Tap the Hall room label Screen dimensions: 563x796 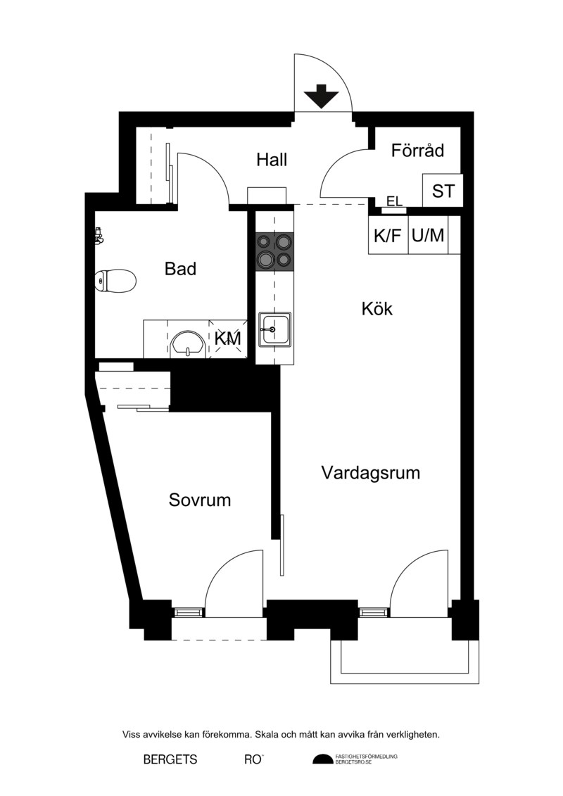coord(272,159)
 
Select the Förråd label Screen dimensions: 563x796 coord(417,151)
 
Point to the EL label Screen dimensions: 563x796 coord(395,201)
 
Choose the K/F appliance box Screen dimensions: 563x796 coord(388,235)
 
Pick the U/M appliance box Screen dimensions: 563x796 coord(428,235)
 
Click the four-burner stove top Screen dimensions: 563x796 coord(274,251)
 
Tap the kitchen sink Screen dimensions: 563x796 coord(274,329)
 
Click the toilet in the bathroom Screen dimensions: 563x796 coord(115,281)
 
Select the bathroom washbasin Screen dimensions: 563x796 coord(188,343)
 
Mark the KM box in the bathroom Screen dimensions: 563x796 coord(228,339)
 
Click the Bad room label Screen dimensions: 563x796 coord(180,269)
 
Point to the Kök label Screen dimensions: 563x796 coord(377,308)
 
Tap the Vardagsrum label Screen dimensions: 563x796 coord(371,473)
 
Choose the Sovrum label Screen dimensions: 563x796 coord(199,500)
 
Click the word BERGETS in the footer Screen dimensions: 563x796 coord(170,759)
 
